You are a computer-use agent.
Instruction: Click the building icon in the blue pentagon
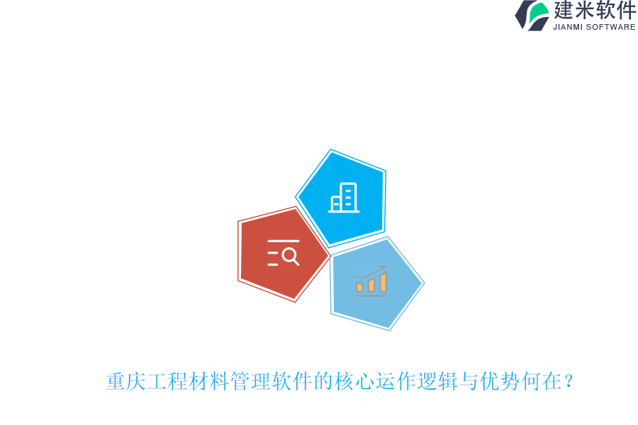point(344,198)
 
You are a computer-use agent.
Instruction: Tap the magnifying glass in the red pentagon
point(291,255)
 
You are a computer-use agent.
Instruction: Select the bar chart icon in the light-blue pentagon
point(371,281)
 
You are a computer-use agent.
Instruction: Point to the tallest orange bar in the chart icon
point(384,282)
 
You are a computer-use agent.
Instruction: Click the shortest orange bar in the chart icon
point(359,287)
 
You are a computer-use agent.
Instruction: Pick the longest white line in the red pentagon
point(283,242)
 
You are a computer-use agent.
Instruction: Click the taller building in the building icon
point(348,197)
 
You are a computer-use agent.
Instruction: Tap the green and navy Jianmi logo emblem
point(532,15)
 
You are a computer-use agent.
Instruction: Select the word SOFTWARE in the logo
point(612,28)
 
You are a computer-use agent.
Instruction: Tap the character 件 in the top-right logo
point(626,11)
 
